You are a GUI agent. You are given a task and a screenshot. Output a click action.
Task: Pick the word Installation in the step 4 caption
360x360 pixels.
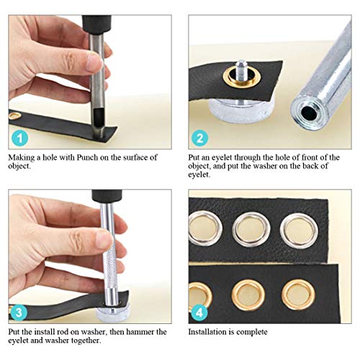(x=210, y=332)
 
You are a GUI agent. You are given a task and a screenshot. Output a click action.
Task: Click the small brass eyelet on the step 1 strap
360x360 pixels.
(x=16, y=115)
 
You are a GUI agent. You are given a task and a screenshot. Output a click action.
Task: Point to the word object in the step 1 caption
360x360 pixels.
(x=22, y=166)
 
